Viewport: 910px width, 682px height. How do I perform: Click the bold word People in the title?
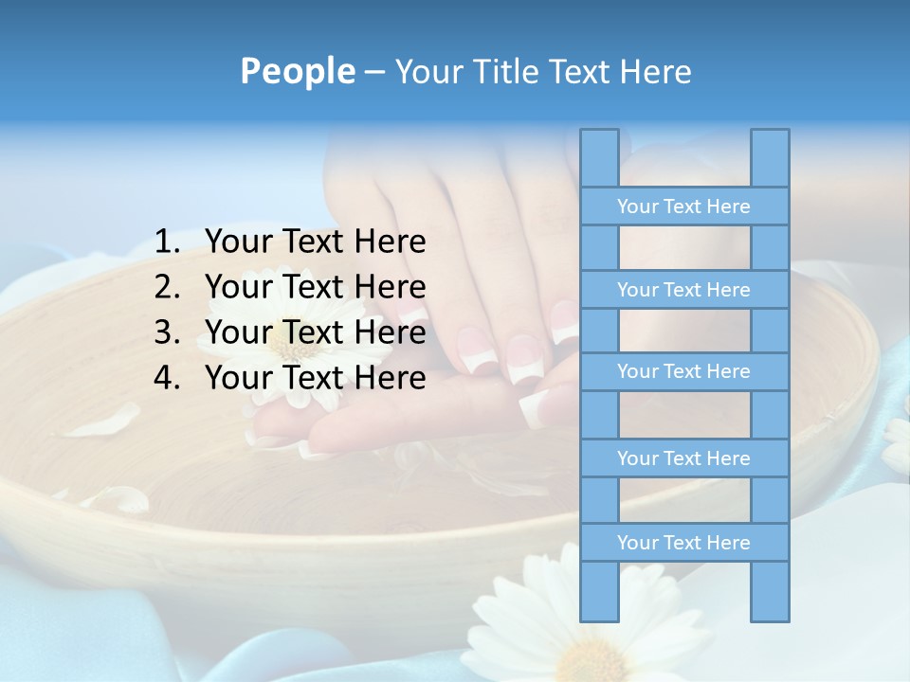[x=297, y=71]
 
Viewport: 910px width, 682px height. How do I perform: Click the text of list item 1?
[x=315, y=242]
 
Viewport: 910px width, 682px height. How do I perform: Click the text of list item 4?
[x=315, y=378]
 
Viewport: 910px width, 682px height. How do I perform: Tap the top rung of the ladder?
[x=683, y=206]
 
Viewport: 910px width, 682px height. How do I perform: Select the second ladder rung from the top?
[x=683, y=290]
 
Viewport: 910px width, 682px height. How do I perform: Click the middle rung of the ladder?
[x=683, y=372]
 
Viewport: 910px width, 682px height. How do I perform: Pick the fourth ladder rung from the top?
[x=683, y=458]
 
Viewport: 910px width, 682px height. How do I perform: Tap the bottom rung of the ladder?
[x=683, y=543]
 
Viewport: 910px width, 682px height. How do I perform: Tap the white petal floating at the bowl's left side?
[x=104, y=421]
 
